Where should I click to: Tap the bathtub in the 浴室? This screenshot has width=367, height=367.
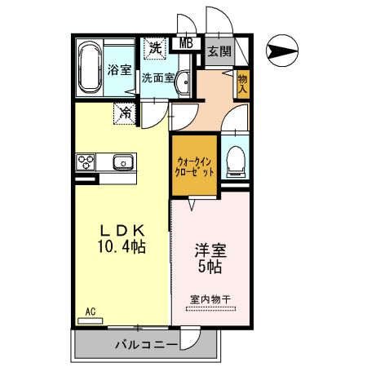tap(89, 69)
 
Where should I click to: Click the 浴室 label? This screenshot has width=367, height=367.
tap(119, 70)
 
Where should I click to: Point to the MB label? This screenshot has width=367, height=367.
tap(186, 44)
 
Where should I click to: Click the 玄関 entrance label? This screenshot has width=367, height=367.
tap(218, 52)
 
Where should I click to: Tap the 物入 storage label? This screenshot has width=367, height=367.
tap(242, 84)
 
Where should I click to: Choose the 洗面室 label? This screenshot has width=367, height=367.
tap(157, 79)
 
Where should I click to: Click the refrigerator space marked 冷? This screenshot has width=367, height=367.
tap(126, 113)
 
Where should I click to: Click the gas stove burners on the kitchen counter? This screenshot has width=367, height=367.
tap(86, 161)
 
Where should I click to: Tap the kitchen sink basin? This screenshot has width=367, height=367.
tap(123, 161)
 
